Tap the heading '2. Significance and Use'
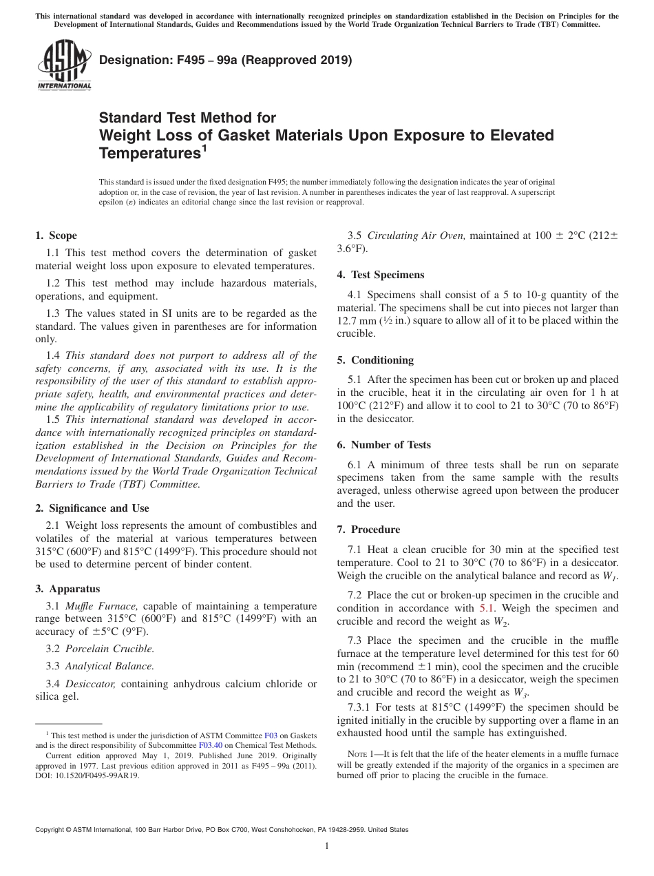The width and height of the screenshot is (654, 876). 92,508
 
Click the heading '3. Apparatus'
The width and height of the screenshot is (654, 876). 67,589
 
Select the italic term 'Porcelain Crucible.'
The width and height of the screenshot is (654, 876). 109,649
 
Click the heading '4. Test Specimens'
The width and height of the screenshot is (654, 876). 381,275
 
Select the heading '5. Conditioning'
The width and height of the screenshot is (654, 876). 375,359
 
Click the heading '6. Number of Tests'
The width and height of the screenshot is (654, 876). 383,445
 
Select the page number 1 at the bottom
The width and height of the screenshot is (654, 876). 327,846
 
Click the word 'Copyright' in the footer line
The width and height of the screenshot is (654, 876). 52,830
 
